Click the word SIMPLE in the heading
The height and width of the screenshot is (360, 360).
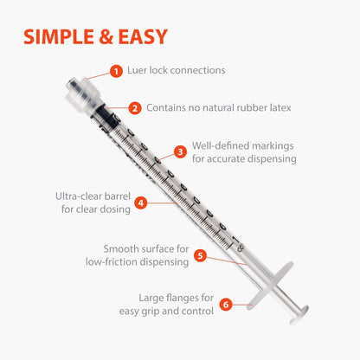click(59, 36)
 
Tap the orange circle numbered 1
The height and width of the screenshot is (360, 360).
click(116, 70)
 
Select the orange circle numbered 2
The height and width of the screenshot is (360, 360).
click(135, 108)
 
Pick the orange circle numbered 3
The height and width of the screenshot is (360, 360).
click(180, 151)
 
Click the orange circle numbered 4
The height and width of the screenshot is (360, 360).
click(140, 202)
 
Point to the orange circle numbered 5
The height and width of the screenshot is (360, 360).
click(199, 255)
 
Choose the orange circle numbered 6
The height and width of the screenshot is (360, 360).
click(226, 304)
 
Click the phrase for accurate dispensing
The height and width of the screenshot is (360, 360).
click(244, 158)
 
